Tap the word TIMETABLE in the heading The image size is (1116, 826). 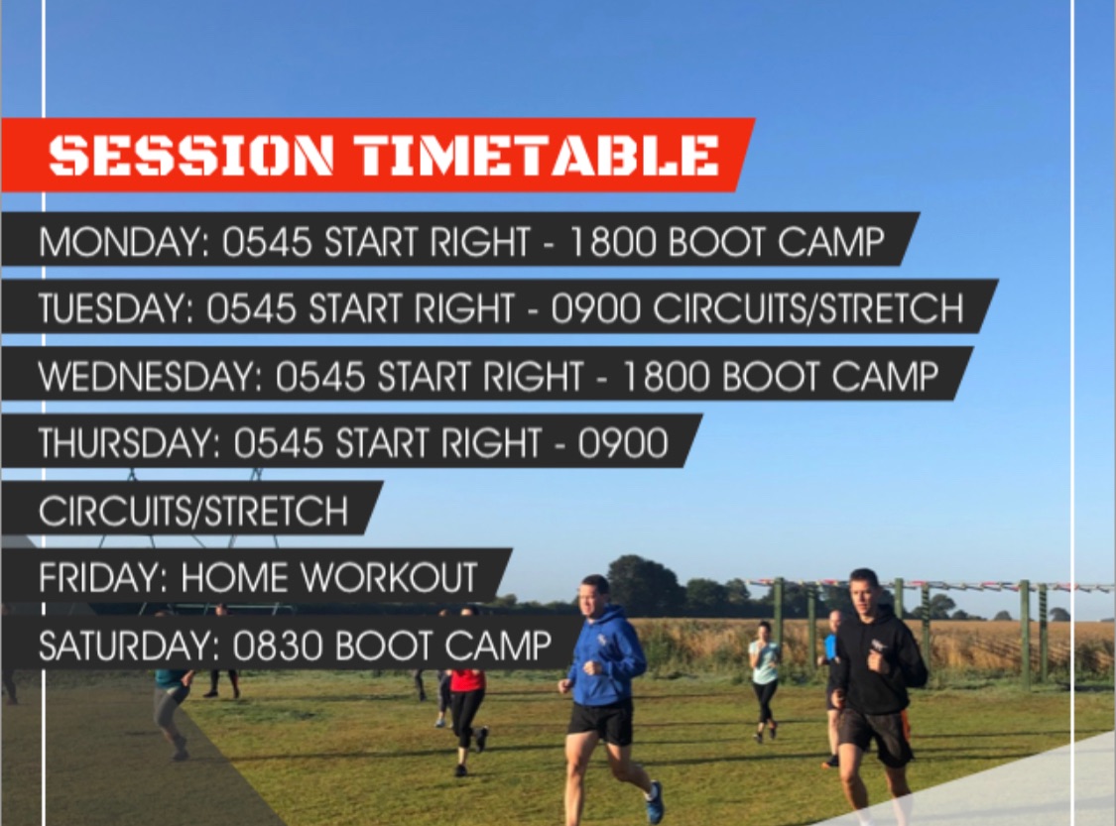click(x=537, y=155)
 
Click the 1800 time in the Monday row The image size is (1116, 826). click(x=612, y=242)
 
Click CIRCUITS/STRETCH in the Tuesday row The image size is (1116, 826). click(x=808, y=308)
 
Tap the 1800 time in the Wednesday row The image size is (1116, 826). click(x=667, y=377)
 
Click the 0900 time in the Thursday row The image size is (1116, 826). click(x=624, y=443)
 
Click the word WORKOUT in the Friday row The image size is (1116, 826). click(x=389, y=578)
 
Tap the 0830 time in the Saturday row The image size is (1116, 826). click(x=278, y=646)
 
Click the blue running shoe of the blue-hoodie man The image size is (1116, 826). click(x=655, y=802)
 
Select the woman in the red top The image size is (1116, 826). click(x=467, y=690)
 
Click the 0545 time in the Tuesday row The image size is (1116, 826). click(x=251, y=308)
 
